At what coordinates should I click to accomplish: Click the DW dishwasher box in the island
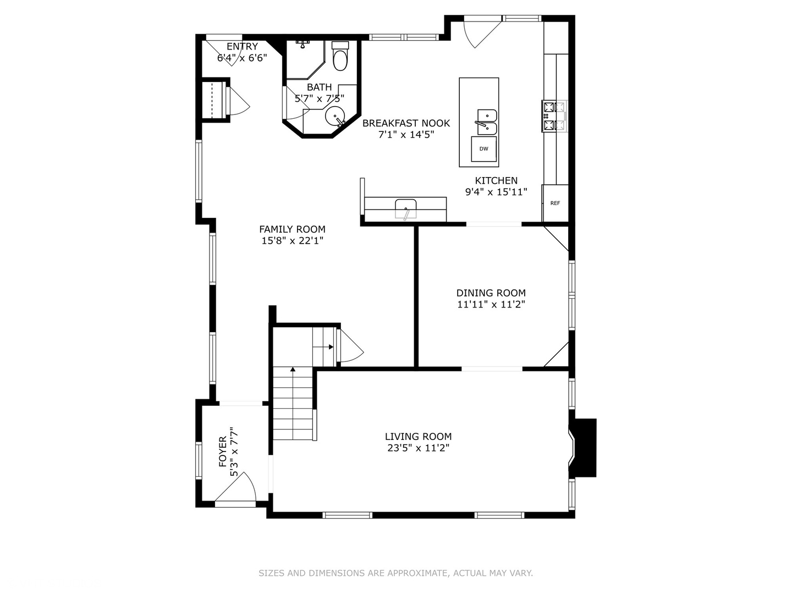483,149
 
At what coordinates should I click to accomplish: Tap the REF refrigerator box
555,203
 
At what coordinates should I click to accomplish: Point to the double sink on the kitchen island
487,122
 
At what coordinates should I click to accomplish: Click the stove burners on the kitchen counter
554,116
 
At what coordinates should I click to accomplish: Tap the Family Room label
292,229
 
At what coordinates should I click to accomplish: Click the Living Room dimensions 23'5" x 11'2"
418,448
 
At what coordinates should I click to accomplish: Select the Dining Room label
491,293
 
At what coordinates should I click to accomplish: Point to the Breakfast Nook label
406,123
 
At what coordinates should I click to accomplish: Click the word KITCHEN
496,180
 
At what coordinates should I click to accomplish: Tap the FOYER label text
223,451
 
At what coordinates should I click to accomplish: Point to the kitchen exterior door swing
482,34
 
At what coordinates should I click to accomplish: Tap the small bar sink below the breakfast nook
405,209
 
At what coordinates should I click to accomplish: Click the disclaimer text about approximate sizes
396,573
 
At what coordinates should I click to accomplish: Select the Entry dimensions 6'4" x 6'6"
242,58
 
